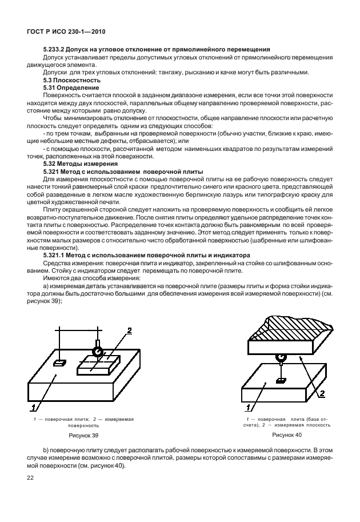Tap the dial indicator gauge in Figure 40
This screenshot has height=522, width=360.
[x=281, y=357]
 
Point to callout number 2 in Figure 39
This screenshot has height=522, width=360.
[x=129, y=330]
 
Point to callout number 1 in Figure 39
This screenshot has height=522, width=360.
[x=34, y=407]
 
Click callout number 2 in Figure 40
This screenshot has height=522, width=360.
[x=322, y=393]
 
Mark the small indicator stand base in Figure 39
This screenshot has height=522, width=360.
[x=59, y=362]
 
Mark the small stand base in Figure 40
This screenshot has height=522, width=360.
[x=281, y=380]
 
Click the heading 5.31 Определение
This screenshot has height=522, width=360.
[x=67, y=88]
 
